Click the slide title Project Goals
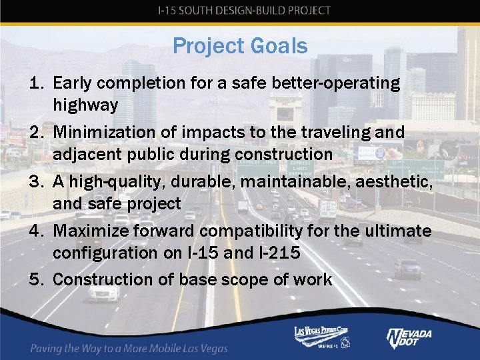pyautogui.click(x=240, y=46)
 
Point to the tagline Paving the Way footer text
pyautogui.click(x=129, y=348)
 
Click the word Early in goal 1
pyautogui.click(x=73, y=83)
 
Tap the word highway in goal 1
pyautogui.click(x=85, y=105)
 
